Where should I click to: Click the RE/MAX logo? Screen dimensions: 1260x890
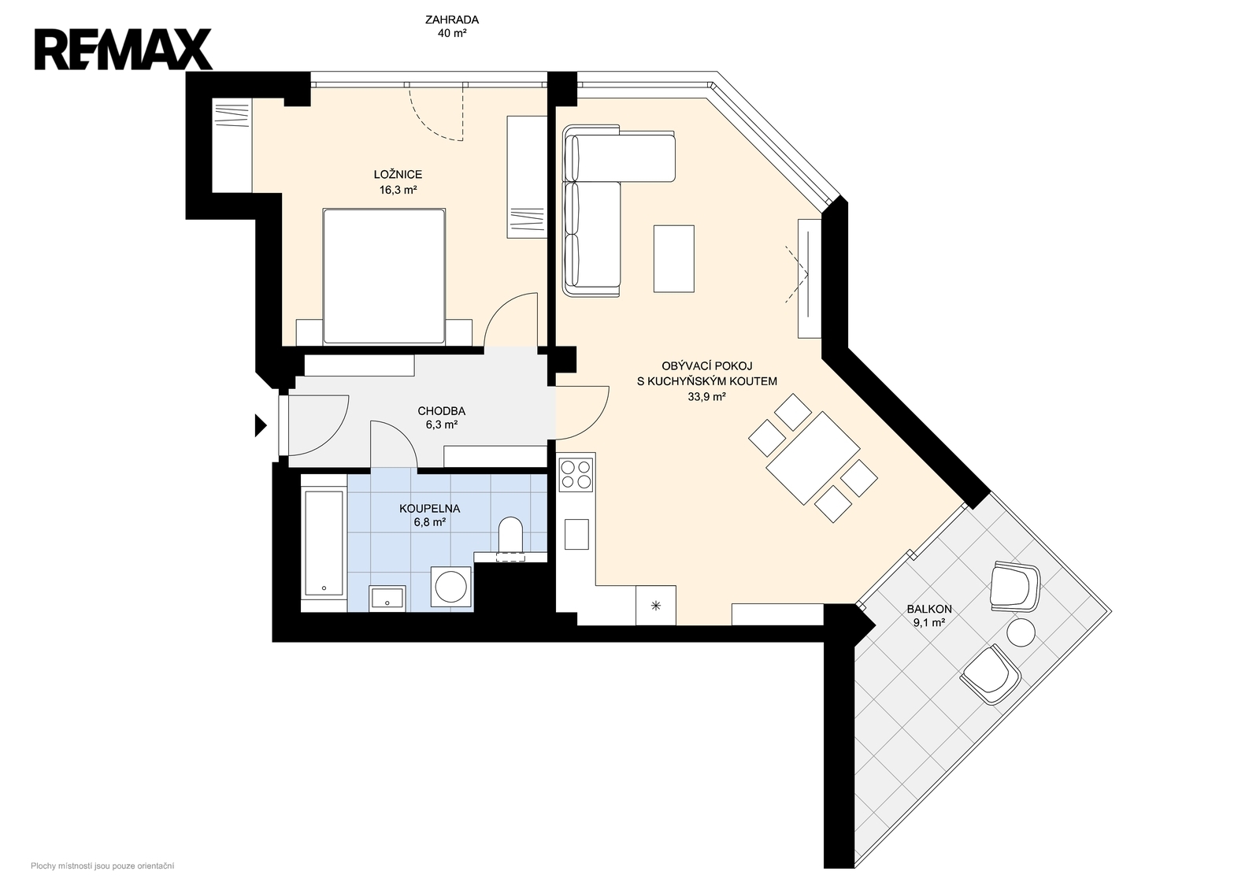(x=123, y=50)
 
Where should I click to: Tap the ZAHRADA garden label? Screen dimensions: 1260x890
(x=452, y=20)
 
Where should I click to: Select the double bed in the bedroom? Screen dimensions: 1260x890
(x=384, y=276)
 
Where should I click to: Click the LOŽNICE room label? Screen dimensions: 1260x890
(x=398, y=174)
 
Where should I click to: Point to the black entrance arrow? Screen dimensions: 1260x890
(x=261, y=425)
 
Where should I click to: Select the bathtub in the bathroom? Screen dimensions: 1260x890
(x=324, y=543)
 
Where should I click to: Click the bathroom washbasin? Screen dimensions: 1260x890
(x=387, y=598)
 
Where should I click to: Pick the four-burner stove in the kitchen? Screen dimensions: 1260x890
(x=576, y=475)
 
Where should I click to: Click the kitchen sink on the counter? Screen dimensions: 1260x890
(x=576, y=534)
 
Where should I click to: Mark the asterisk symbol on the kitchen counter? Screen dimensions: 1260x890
(x=655, y=606)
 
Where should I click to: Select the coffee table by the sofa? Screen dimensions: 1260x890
(x=674, y=259)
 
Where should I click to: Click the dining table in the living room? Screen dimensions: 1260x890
(x=813, y=458)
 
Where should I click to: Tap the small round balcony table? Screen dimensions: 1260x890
(x=1021, y=633)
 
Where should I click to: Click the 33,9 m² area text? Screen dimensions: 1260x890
(x=706, y=397)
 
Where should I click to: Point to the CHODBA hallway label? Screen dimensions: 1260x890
(x=442, y=410)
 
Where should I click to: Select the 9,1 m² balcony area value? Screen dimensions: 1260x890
(x=928, y=623)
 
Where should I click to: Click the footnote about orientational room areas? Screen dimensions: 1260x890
(x=102, y=866)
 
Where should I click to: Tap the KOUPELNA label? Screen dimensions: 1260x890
(x=430, y=509)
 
